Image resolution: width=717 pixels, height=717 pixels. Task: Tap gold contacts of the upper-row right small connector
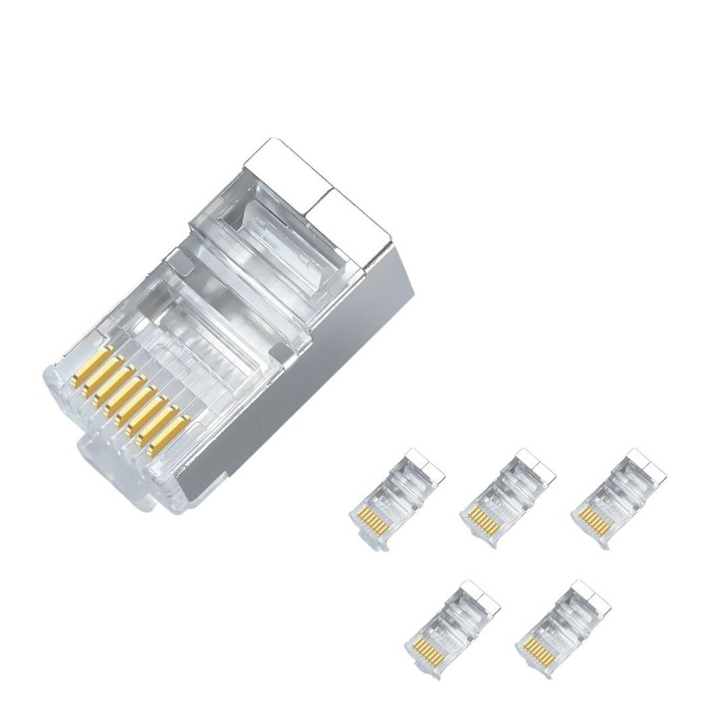coord(595,519)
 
